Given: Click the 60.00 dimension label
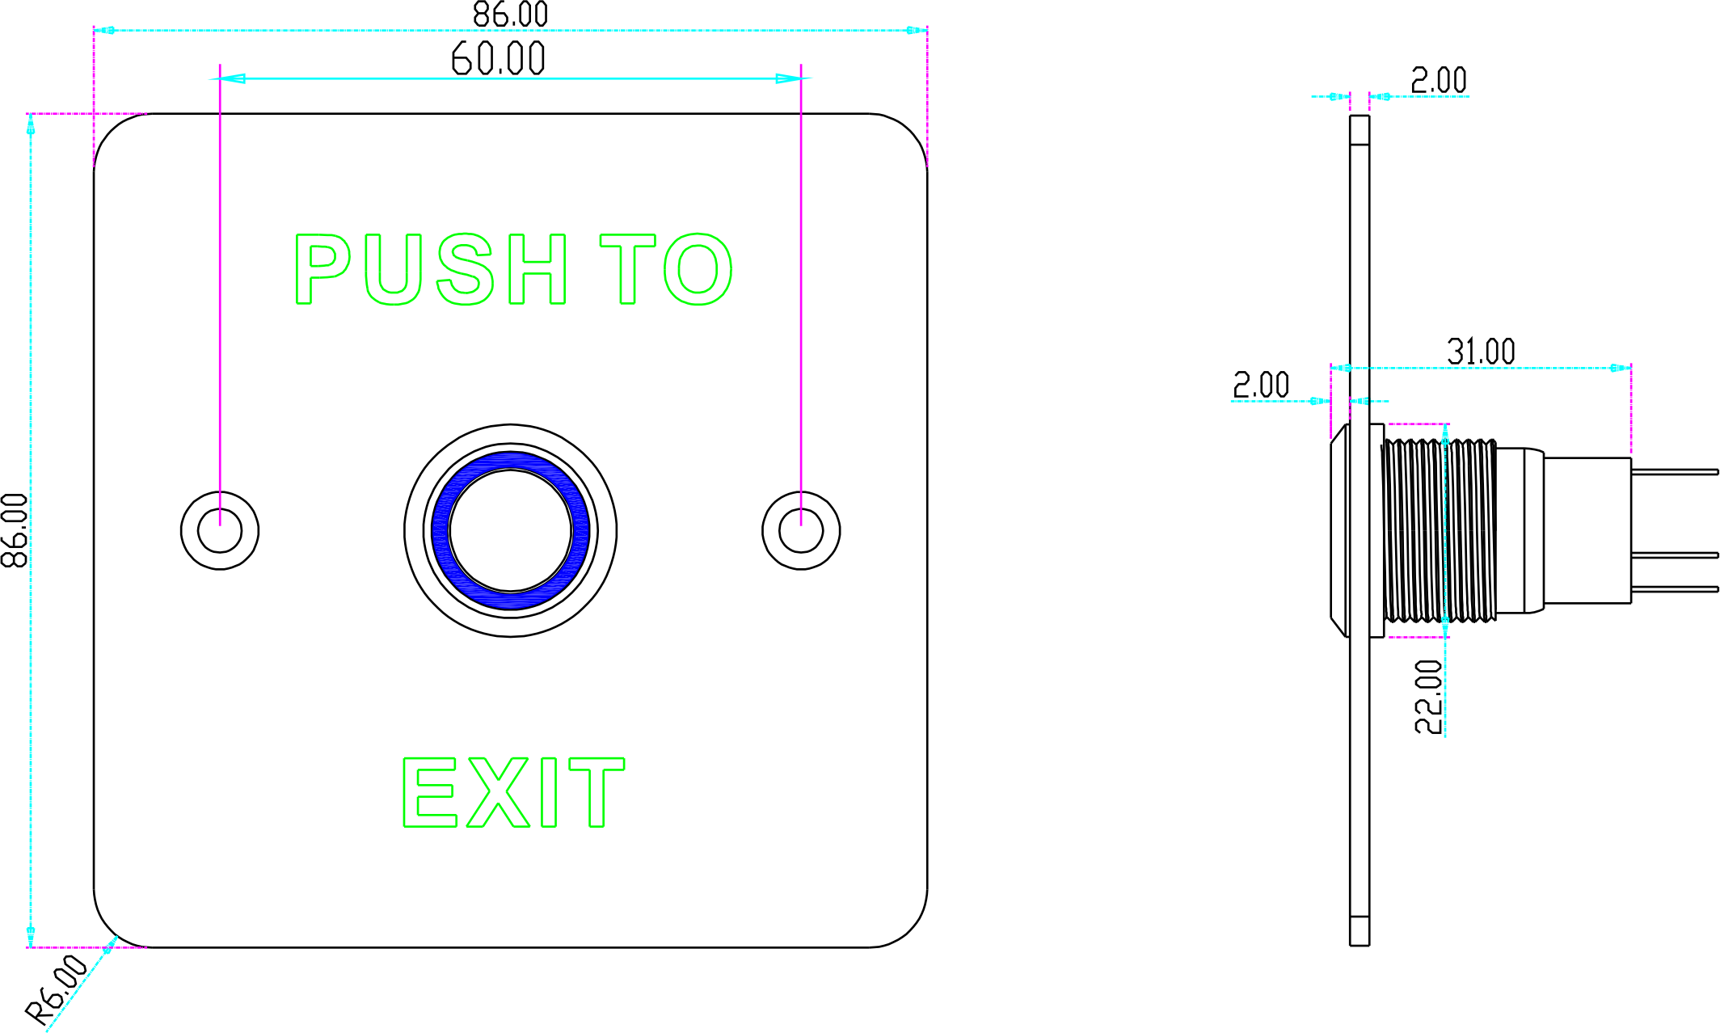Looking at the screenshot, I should [498, 59].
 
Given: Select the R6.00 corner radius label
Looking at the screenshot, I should [57, 989].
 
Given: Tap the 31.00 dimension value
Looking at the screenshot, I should [1481, 352].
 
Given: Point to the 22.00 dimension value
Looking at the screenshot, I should [1429, 697].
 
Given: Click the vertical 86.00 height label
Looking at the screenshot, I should [15, 530].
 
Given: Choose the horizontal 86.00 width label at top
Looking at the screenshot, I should [510, 15].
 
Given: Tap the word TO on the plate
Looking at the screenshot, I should [666, 269].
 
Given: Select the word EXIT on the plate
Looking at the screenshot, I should [514, 792].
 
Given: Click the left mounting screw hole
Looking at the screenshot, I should [220, 530].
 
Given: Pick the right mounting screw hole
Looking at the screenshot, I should [801, 530].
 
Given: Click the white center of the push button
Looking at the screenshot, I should [511, 530].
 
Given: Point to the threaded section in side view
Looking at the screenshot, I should [1439, 530].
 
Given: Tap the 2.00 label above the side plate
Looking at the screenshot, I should [1439, 81].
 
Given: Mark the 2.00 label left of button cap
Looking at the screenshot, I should [1261, 385].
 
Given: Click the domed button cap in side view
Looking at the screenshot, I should [1339, 530].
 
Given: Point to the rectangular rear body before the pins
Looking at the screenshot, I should [1587, 530].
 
